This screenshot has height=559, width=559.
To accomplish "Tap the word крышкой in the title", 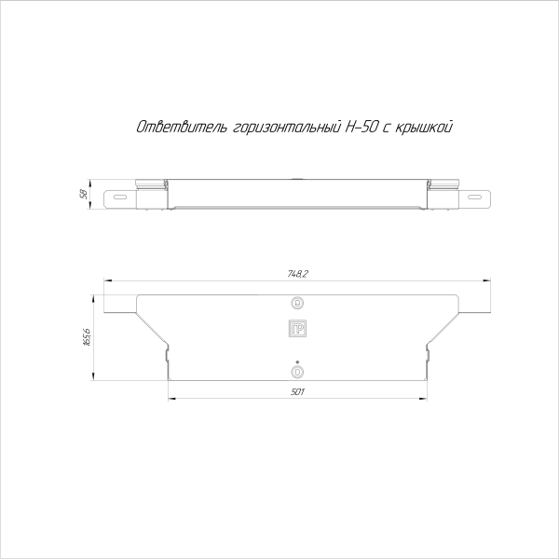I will [427, 127].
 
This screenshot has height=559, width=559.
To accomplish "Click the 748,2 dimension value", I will [297, 273].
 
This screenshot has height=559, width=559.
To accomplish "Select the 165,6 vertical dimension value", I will [87, 337].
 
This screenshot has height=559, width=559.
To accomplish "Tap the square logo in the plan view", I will [298, 328].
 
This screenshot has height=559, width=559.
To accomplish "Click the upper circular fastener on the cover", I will [298, 303].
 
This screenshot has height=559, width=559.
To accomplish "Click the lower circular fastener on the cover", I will [298, 372].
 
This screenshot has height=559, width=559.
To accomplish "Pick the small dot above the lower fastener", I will [297, 361].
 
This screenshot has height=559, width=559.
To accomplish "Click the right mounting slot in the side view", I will [476, 197].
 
